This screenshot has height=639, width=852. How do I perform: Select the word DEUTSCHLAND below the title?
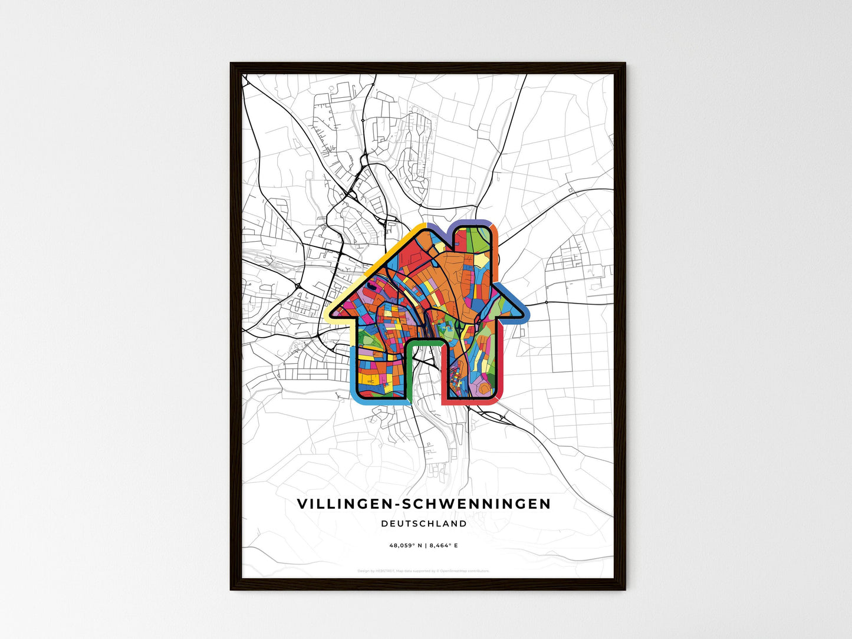coord(424,523)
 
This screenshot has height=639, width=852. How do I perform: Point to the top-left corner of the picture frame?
coord(231,64)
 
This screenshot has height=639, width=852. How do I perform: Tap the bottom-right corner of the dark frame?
coord(624,589)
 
